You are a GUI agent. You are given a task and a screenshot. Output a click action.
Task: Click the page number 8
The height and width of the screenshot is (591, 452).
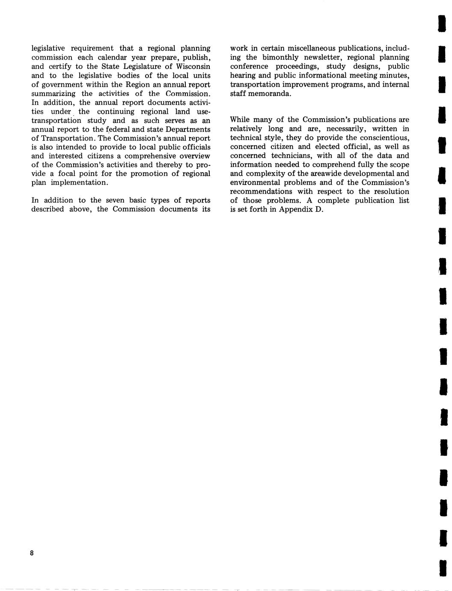pyautogui.click(x=32, y=553)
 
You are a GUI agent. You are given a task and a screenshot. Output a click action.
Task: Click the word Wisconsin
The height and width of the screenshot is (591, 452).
pyautogui.click(x=193, y=66)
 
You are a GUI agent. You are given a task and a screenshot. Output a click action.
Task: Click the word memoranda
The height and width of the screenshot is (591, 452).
pyautogui.click(x=272, y=93)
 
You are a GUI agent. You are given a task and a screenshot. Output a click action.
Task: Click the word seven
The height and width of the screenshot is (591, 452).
pyautogui.click(x=115, y=200)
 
